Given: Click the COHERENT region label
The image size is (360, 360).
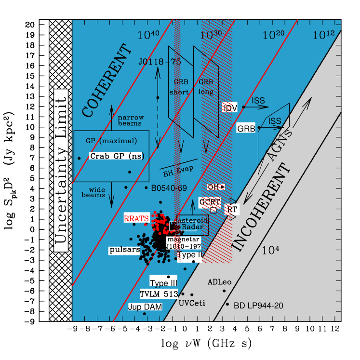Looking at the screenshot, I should point(107,81).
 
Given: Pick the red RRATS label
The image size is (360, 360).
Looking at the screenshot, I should point(136,219).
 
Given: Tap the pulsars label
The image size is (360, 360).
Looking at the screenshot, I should point(124,250).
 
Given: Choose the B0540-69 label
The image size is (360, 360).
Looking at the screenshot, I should point(169,188).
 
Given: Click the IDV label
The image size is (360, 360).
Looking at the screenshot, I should point(230,108).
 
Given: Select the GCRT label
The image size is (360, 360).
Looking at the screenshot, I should point(210,201).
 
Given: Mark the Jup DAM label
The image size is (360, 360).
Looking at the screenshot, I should point(145,307).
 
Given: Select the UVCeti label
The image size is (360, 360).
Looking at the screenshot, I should point(192,303).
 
